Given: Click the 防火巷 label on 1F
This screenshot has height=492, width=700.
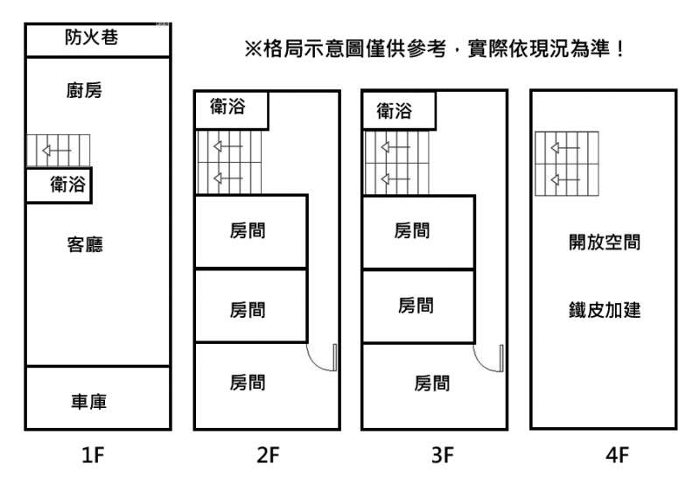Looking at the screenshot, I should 91,38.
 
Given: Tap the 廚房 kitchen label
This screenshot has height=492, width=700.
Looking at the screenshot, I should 84,90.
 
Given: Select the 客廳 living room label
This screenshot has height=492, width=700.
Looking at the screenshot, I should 85,244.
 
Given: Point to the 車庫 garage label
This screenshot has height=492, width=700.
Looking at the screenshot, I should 89,401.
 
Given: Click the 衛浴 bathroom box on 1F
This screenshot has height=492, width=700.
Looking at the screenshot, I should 59,186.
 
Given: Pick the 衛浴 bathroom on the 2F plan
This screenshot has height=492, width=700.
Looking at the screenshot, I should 230,109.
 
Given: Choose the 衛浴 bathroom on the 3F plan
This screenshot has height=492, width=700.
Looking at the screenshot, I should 397,111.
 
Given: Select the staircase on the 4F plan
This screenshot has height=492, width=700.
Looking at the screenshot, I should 566,162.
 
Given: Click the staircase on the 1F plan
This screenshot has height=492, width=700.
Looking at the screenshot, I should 58,150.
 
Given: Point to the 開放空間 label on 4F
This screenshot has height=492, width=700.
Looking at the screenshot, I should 605,242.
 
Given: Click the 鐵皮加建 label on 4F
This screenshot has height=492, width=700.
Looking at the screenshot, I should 605,309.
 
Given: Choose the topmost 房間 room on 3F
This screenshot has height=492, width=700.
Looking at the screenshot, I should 413,231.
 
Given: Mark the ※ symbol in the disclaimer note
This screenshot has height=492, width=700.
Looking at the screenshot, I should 254,50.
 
